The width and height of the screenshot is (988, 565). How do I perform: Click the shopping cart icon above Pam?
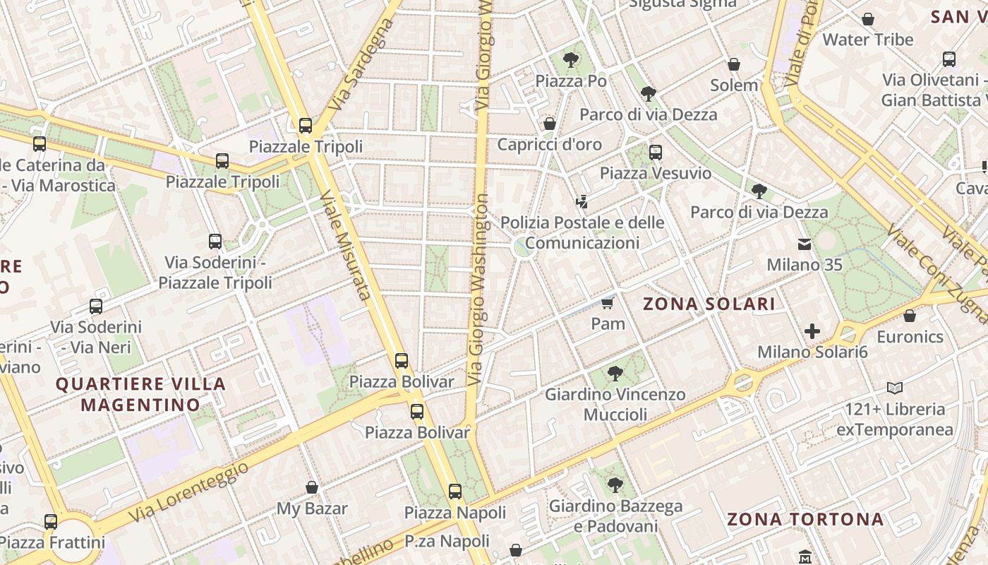(607, 304)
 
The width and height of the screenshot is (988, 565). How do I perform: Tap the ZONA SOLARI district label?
(709, 304)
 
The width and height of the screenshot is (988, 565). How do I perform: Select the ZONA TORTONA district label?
(805, 520)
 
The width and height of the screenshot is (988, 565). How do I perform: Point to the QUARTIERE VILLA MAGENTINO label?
(140, 394)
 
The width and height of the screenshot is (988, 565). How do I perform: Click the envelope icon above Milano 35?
(804, 244)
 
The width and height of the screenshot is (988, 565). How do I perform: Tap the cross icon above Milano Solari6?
(812, 331)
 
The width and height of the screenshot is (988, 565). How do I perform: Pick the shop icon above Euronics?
(909, 316)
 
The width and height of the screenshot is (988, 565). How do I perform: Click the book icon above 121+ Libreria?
(895, 388)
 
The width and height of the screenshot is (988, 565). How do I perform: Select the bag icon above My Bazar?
(312, 487)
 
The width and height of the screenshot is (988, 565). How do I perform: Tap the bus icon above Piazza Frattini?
(51, 522)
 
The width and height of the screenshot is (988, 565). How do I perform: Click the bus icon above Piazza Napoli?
(455, 491)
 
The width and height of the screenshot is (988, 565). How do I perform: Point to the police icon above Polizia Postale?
(582, 202)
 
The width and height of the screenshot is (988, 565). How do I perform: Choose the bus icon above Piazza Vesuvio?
(656, 152)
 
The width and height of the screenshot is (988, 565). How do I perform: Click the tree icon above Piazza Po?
(571, 60)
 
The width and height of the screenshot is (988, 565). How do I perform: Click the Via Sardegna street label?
(361, 64)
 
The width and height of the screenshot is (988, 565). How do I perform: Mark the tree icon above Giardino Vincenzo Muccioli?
(615, 373)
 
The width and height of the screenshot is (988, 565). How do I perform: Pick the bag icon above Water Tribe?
(868, 19)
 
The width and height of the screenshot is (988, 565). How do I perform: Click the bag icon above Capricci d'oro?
(550, 124)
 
